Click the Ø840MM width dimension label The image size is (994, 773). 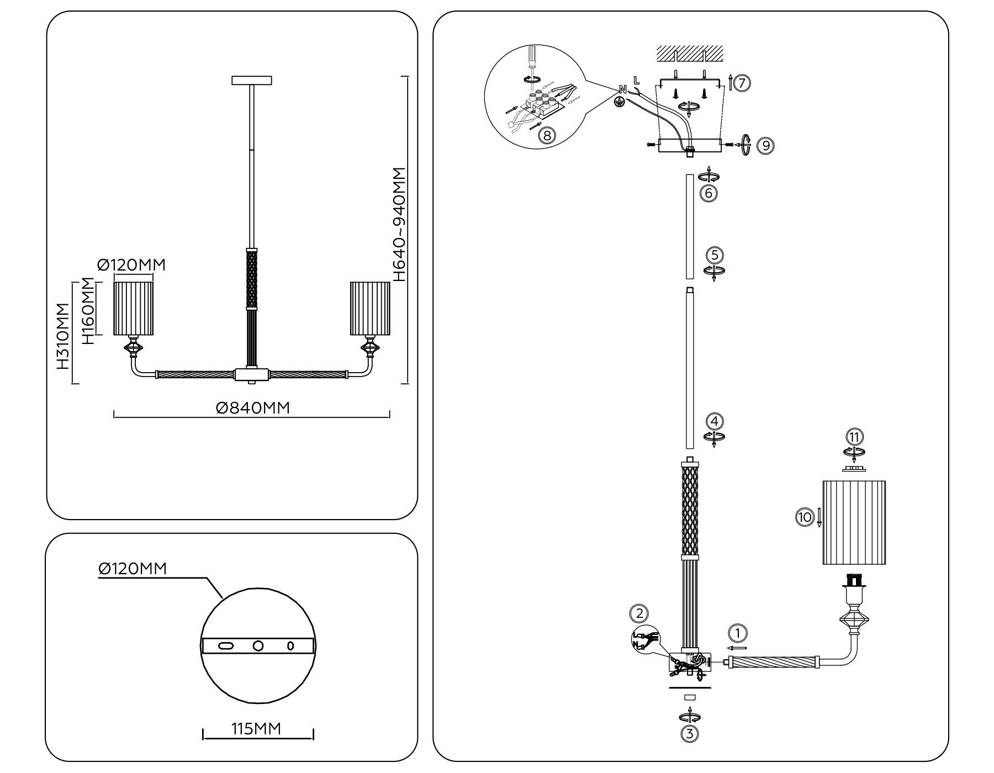(x=252, y=407)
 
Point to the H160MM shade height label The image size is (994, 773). (x=88, y=311)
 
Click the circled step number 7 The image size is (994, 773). (x=742, y=83)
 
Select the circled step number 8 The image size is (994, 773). (x=546, y=135)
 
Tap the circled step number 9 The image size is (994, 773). (x=765, y=145)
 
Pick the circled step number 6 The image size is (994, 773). (x=708, y=193)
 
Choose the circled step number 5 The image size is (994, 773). (x=715, y=255)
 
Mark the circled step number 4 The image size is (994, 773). (x=715, y=421)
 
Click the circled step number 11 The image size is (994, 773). (x=854, y=437)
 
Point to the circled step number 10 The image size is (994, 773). (x=804, y=517)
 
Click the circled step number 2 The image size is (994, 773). (x=639, y=613)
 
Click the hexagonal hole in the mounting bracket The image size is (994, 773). (x=258, y=645)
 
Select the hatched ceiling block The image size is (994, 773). (x=690, y=54)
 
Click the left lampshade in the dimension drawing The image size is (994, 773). (x=133, y=308)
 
